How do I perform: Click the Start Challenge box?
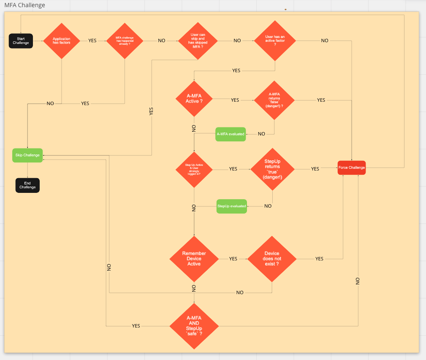(x=21, y=41)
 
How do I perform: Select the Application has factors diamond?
(x=62, y=41)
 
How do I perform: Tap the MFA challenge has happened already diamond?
(x=125, y=41)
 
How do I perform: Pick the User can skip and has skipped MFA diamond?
(x=198, y=41)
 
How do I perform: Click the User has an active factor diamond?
(x=275, y=41)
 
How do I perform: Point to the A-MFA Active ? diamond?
(x=194, y=99)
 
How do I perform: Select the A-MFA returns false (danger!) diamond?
(x=274, y=100)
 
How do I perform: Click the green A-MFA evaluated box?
(x=231, y=134)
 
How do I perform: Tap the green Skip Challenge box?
(x=27, y=155)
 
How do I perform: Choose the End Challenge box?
(x=27, y=185)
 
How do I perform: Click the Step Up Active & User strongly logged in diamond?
(x=194, y=169)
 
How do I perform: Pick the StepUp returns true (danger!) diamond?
(x=272, y=169)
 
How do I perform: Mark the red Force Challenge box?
(x=351, y=168)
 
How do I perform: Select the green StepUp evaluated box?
(x=231, y=206)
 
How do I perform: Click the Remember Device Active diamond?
(x=194, y=258)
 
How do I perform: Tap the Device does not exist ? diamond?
(x=271, y=258)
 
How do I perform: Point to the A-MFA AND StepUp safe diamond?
(x=194, y=326)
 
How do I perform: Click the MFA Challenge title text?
(x=25, y=5)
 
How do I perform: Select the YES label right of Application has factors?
(x=92, y=41)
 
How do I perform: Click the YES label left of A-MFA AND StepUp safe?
(x=136, y=326)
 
